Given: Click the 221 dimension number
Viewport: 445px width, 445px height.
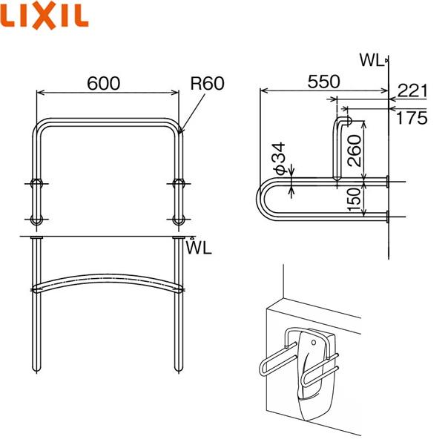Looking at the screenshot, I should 413,91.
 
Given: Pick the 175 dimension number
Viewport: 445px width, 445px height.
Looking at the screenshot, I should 413,117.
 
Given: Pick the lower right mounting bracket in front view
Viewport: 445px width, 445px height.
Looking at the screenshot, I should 178,220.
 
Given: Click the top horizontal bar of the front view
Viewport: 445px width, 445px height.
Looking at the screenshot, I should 107,122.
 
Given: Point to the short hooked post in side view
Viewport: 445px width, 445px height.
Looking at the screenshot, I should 337,145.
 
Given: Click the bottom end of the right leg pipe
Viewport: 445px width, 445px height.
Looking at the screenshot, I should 177,367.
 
